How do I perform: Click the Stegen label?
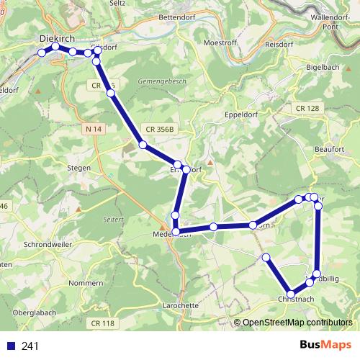coord(78,168)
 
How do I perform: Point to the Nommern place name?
coord(86,284)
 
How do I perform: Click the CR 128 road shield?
coord(307,108)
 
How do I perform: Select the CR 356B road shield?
coord(159,130)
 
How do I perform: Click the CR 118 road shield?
coord(103,323)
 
